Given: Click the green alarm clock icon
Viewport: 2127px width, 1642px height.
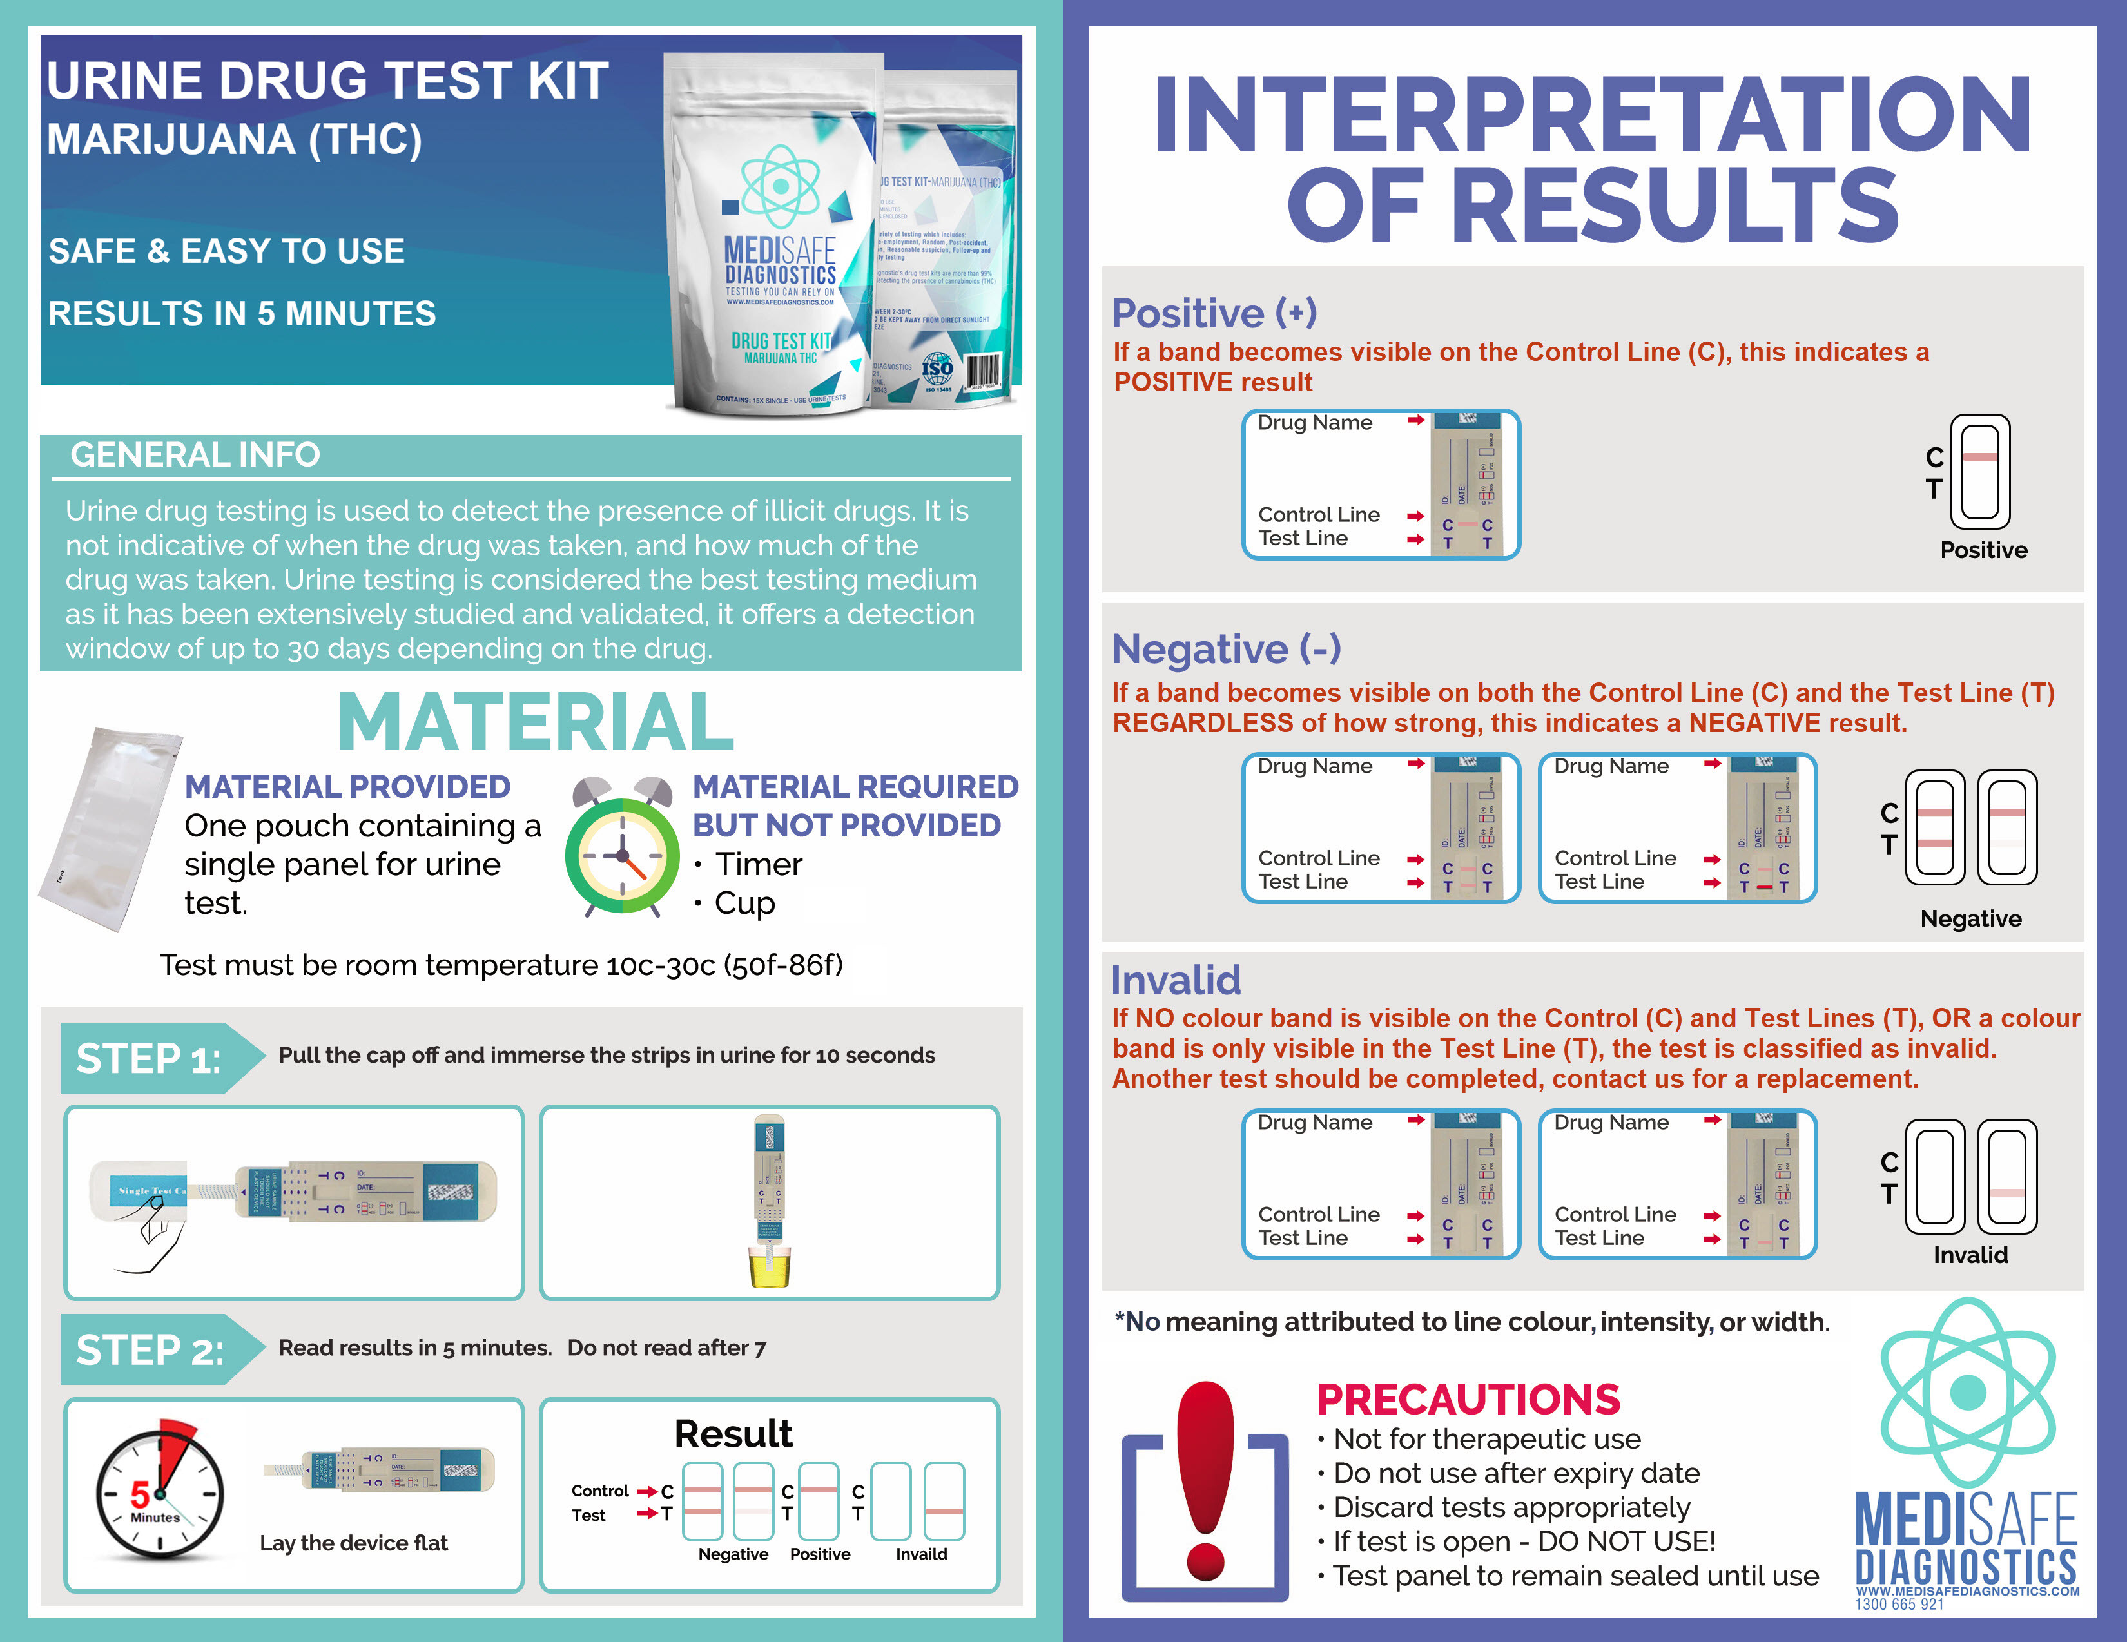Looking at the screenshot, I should pos(621,849).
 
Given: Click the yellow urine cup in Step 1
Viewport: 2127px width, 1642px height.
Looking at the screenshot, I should pos(770,1267).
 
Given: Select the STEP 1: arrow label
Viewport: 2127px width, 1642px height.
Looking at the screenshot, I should pos(151,1058).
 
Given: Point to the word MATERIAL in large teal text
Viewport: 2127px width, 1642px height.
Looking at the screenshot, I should pos(535,722).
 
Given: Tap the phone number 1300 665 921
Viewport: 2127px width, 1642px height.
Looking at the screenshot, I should pos(1898,1604).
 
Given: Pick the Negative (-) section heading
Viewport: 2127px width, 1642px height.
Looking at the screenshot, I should pos(1225,649).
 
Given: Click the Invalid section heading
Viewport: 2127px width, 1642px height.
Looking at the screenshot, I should pos(1176,980).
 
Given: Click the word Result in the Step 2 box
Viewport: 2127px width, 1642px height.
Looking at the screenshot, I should pos(733,1434).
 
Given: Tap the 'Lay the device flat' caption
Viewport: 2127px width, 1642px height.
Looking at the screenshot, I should pos(353,1543).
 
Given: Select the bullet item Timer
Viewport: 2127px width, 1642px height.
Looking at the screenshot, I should pos(758,864).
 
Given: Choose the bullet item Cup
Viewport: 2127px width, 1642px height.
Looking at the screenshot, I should pos(744,903).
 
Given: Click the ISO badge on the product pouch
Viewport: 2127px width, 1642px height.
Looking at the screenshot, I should pos(937,370).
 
